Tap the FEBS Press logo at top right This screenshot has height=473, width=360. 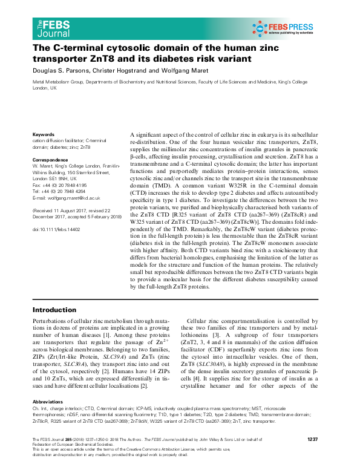click(x=290, y=27)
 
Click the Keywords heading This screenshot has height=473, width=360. click(x=44, y=134)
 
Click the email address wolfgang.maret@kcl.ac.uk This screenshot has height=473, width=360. click(x=74, y=198)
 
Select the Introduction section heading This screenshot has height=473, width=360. click(x=59, y=310)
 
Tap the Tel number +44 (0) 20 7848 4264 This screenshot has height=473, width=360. click(x=65, y=191)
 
